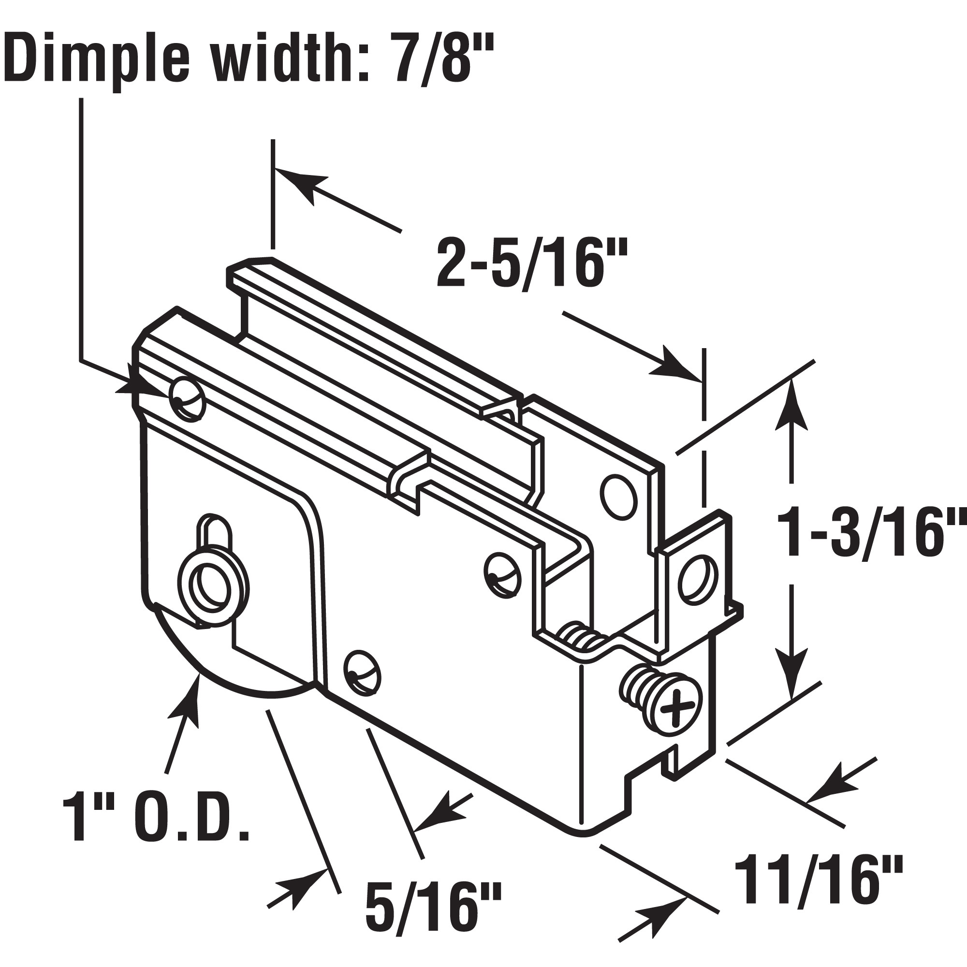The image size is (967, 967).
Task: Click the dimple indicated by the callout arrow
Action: [x=187, y=398]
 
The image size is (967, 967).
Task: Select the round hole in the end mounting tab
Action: [x=697, y=575]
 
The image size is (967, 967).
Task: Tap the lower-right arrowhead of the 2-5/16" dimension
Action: [x=673, y=364]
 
